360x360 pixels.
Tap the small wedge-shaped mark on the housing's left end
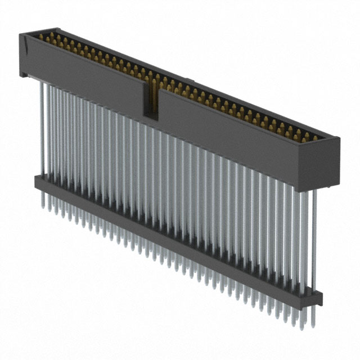(25, 40)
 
